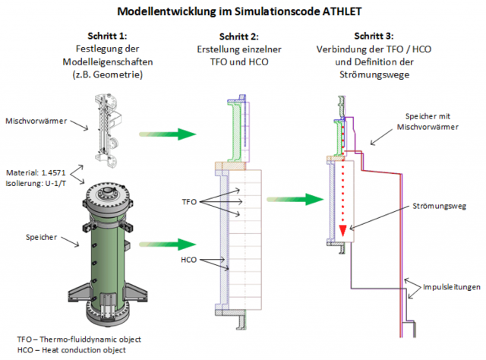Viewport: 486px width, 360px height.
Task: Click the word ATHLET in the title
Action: point(342,11)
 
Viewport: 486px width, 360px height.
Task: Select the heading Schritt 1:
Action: point(107,36)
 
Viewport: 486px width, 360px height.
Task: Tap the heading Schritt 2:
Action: point(239,36)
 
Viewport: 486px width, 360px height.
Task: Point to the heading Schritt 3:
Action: point(374,36)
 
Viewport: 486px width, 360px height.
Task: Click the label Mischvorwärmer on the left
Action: point(36,121)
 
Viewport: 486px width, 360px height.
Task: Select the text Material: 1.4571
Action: point(36,172)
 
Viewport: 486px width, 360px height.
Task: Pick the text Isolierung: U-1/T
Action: point(36,184)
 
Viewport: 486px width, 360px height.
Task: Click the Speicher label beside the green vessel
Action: point(41,237)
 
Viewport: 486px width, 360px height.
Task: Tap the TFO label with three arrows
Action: point(189,202)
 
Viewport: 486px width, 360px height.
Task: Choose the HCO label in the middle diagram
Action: point(189,260)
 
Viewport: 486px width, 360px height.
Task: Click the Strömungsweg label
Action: point(439,206)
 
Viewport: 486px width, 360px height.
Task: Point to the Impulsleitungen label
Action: point(452,287)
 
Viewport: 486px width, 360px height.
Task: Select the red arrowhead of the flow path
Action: point(342,231)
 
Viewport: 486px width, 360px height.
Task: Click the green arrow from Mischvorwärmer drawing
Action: point(168,134)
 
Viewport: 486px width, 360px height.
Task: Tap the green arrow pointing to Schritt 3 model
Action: point(295,200)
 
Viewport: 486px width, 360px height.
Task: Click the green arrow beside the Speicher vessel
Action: point(168,245)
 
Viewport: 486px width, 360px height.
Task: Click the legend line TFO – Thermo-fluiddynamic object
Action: point(79,339)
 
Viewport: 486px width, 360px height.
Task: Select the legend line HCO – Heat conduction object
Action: point(71,350)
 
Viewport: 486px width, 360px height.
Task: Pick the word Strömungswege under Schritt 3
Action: point(374,74)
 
